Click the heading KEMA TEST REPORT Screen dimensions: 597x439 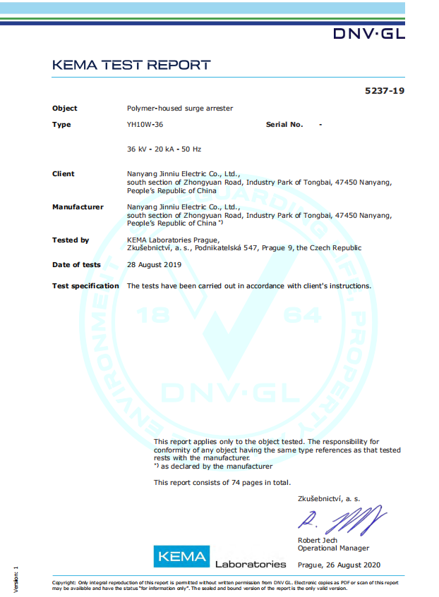click(131, 66)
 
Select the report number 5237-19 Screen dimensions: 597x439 click(385, 91)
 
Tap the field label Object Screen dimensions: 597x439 click(65, 109)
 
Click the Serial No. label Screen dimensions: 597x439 click(284, 125)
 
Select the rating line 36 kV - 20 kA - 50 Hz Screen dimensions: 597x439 click(164, 149)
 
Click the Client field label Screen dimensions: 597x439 click(64, 174)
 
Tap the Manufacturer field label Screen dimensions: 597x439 click(78, 207)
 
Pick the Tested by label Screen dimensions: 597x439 click(71, 240)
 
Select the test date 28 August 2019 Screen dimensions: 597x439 click(154, 265)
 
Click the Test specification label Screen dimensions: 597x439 click(85, 286)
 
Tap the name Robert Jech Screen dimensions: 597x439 click(318, 541)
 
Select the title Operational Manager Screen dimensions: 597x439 click(333, 548)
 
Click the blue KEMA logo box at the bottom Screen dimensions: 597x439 click(182, 557)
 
